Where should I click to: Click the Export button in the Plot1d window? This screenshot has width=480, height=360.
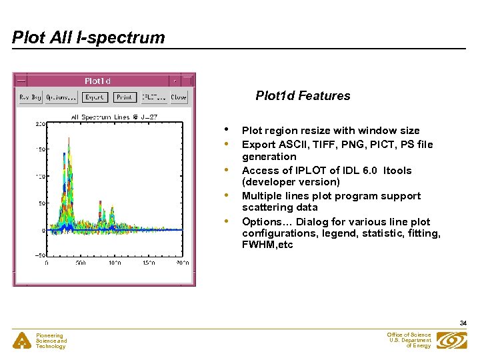pos(95,97)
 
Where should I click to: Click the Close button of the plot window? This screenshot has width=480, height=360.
pos(179,97)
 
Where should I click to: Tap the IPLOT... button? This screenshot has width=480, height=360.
pos(154,97)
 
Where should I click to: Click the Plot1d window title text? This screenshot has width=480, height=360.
pos(97,81)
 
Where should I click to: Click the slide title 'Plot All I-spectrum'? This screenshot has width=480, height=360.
pos(89,37)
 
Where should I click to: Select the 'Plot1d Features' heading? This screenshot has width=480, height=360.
pos(303,96)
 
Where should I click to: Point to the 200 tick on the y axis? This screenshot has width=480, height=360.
pos(40,124)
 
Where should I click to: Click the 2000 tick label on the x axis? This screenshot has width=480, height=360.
pos(182,263)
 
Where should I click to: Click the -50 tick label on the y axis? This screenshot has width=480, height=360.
pos(39,255)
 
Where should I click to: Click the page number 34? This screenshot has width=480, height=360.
pos(463,323)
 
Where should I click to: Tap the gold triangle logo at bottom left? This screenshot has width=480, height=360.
pos(23,341)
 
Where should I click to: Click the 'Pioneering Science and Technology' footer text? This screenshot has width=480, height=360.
pos(51,341)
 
